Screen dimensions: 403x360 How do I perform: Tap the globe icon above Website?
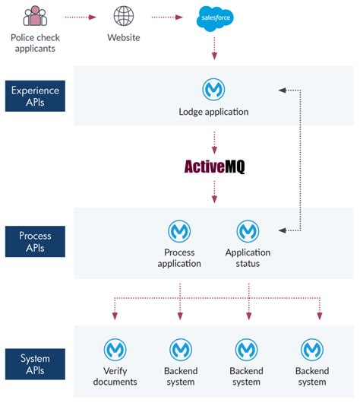click(124, 15)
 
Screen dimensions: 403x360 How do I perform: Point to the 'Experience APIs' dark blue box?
click(35, 96)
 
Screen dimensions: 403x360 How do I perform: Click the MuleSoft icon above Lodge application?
click(214, 89)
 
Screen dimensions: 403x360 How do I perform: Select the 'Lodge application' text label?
click(214, 113)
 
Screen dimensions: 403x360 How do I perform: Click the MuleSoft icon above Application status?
click(248, 230)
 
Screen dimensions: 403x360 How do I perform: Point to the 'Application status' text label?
click(248, 258)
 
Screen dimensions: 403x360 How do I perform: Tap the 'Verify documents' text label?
click(115, 376)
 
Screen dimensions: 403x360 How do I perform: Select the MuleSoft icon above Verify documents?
click(115, 349)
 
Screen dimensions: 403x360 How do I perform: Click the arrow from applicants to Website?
click(80, 15)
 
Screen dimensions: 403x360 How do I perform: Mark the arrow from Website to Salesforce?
click(169, 15)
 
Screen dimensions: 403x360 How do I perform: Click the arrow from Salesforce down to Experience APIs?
click(214, 49)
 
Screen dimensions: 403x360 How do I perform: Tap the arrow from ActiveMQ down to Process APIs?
click(214, 192)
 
